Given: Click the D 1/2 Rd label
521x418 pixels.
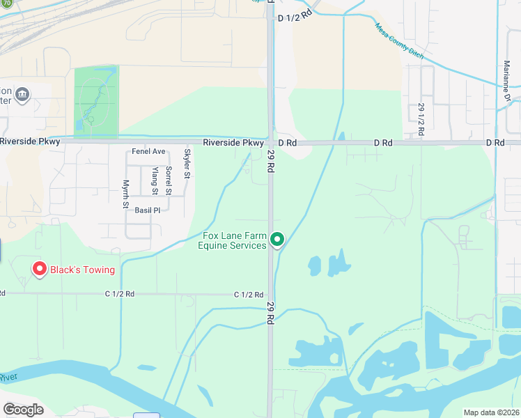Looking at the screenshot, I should (293, 17).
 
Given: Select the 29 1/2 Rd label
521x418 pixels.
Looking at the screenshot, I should (421, 120).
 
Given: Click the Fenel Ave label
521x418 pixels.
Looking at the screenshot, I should (148, 151).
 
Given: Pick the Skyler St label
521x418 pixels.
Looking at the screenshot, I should (187, 164).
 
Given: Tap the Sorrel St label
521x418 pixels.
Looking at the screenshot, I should (169, 180).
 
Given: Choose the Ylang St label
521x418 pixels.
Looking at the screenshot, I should (155, 180).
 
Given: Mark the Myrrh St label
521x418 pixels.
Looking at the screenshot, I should (126, 194).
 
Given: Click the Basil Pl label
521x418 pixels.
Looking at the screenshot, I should (148, 210).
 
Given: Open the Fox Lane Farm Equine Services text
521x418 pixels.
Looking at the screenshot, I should (232, 240).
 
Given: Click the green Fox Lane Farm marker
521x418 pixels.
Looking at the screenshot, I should (277, 240).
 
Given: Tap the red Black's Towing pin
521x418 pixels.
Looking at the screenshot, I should (39, 268).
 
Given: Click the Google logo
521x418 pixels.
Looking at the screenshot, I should (23, 410).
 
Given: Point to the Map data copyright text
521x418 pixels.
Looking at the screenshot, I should (491, 412).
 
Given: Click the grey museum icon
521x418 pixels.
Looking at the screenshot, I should (22, 94).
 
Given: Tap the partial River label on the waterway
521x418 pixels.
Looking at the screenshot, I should (8, 377).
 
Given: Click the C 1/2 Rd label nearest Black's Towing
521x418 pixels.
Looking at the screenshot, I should (119, 294).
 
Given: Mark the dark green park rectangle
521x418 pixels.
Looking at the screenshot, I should (96, 102).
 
